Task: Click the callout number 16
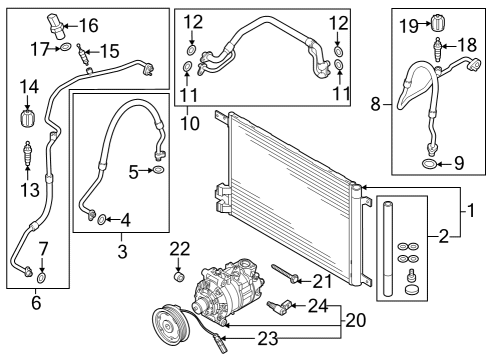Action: (89, 26)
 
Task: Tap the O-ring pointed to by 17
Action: (66, 47)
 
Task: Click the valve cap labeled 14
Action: (27, 118)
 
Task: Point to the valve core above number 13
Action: (27, 153)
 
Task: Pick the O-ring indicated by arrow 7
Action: (41, 277)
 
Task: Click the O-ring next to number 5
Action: (159, 169)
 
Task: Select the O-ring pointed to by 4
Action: (102, 219)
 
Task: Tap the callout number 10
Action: (190, 123)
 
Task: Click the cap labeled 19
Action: (437, 22)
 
